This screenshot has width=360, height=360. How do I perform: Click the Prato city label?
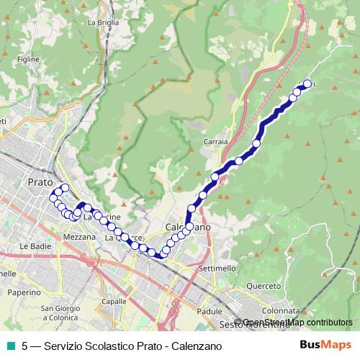point(40,182)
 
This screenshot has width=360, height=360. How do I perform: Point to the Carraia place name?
point(216,142)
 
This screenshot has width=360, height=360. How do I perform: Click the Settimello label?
point(217,268)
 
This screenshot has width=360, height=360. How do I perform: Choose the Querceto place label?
point(264,286)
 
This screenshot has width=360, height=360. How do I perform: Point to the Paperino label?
point(24,292)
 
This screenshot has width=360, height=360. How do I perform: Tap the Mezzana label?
point(79,236)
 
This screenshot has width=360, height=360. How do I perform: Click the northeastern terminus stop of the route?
point(307,84)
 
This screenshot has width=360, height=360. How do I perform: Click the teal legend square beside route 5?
point(11,346)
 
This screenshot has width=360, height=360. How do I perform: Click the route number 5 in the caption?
point(25,346)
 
